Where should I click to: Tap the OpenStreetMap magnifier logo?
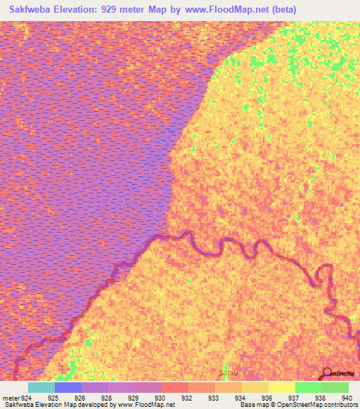click(326, 373)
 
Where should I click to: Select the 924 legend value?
click(25, 397)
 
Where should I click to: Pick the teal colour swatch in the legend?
click(41, 387)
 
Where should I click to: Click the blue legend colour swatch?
click(68, 387)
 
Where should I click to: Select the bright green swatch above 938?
click(308, 387)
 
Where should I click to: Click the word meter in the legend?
click(11, 397)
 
